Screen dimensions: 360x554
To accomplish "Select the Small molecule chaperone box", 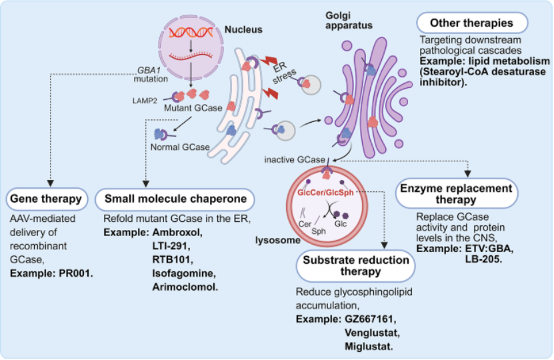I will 175,199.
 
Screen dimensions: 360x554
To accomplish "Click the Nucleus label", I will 244,29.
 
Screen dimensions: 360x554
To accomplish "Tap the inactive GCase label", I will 294,160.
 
